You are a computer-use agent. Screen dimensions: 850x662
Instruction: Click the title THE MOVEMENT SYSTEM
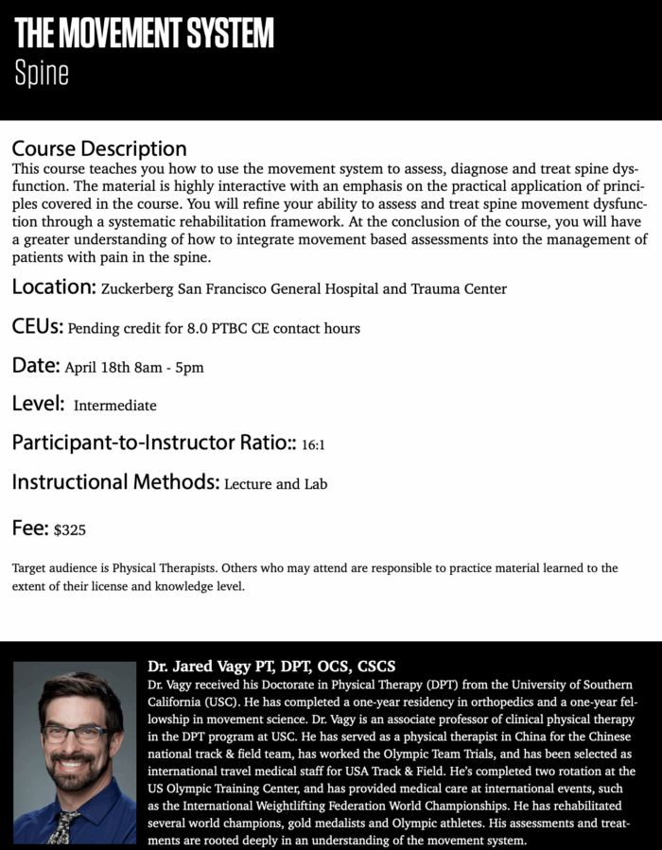[144, 34]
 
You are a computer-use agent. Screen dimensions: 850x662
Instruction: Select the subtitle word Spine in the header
[42, 74]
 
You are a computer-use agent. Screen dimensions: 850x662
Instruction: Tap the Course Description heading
[99, 148]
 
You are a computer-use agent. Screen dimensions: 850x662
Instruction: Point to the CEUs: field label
[38, 327]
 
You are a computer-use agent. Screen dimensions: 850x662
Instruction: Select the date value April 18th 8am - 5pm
[133, 367]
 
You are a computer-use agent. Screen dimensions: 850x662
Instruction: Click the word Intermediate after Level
[114, 406]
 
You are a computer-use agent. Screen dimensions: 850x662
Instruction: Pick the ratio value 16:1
[313, 443]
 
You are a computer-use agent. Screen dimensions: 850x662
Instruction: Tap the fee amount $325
[70, 529]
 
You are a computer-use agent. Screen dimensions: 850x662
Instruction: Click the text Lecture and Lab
[275, 484]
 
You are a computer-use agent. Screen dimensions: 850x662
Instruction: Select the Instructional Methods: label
[115, 482]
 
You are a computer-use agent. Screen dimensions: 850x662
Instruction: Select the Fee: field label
[30, 528]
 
